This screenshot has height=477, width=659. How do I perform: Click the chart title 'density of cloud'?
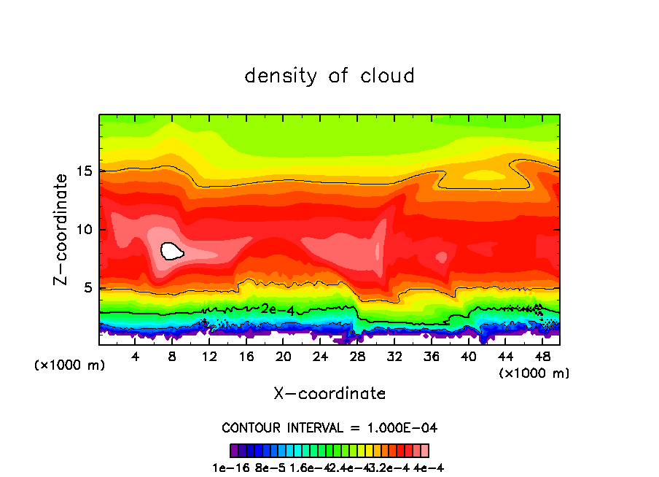coord(329,76)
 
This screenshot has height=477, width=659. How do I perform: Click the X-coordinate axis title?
coord(329,394)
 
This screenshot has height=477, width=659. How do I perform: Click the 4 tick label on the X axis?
coord(136,356)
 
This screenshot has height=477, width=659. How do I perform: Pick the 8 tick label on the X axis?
coord(172,356)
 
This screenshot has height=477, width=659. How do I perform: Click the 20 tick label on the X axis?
coord(283,356)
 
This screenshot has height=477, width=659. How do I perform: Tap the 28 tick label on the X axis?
coord(356,356)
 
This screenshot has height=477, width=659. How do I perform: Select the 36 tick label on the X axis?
coord(430,356)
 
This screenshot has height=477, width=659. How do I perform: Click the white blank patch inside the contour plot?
coord(171,251)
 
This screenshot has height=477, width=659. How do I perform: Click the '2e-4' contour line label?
coord(278,309)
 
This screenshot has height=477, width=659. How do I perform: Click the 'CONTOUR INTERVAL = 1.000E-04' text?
coord(329,427)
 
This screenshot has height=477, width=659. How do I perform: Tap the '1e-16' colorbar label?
coord(227,468)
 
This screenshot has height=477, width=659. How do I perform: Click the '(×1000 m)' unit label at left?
coord(70,365)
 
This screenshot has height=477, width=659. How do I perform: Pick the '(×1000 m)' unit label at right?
coord(534,373)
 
